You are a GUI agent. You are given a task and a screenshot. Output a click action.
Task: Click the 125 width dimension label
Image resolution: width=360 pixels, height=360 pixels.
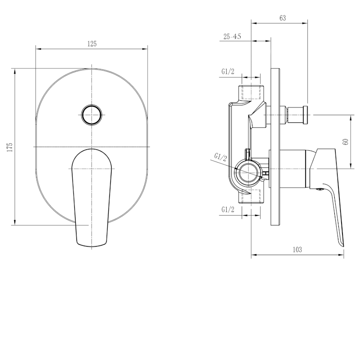[x=92, y=44]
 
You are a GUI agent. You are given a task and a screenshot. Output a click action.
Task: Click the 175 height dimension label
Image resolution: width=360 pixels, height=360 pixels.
[x=9, y=148]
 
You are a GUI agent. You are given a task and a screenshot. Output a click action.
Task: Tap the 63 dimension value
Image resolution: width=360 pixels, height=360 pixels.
[x=283, y=18]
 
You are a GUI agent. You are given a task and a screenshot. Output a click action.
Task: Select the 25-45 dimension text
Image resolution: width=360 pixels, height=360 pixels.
[x=232, y=36]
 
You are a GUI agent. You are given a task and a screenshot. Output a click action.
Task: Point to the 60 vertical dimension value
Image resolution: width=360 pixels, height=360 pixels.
[x=346, y=142]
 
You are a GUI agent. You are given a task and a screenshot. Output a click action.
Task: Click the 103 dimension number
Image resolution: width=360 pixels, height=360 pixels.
[x=297, y=250]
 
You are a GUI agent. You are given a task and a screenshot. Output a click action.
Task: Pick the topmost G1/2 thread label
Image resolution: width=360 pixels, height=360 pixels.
[x=228, y=72]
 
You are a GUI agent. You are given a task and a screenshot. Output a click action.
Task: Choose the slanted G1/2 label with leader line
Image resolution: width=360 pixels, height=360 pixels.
[x=220, y=157]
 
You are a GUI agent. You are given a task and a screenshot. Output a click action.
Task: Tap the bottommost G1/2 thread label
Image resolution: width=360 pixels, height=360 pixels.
[x=228, y=209]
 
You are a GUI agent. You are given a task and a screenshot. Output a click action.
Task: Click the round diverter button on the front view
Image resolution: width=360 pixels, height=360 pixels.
[x=92, y=115]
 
